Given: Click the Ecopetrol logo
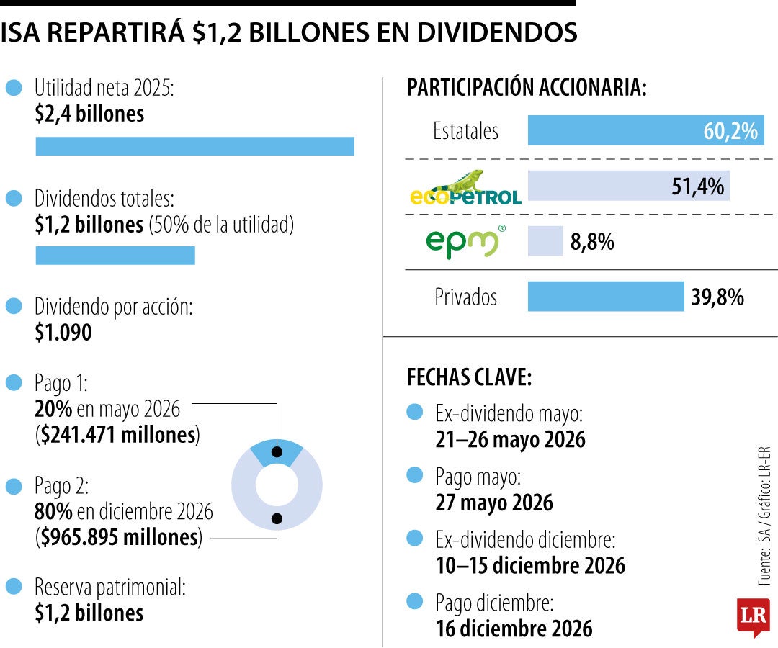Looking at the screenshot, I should (465, 189).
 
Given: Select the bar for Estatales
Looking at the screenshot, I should (645, 131).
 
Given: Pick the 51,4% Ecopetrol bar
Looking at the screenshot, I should (628, 186).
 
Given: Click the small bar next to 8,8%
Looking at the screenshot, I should (545, 241).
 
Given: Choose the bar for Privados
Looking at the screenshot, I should (605, 297).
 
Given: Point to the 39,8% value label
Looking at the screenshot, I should (717, 297).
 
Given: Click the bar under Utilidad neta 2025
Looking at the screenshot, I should (194, 146).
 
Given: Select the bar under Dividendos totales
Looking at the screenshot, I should (115, 256).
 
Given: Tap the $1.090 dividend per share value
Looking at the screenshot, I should (63, 333).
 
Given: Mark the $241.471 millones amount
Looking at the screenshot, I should (117, 435).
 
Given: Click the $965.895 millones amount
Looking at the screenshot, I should (118, 537).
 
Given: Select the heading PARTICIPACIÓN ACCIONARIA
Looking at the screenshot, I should (527, 88).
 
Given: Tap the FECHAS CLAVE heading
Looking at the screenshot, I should (469, 377).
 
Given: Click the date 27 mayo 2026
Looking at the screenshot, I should (494, 502).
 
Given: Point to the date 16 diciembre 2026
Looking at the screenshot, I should (514, 628).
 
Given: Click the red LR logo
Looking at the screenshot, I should (753, 616).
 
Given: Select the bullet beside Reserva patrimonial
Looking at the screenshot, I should (14, 587).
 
